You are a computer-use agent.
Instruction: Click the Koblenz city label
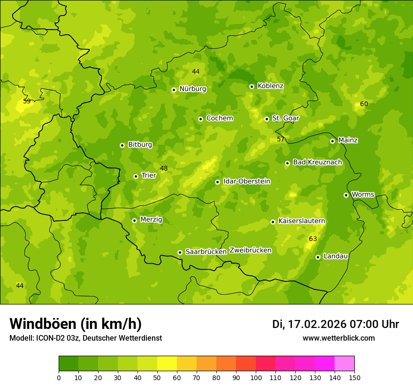tap(270, 86)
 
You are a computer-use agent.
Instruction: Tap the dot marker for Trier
tap(136, 176)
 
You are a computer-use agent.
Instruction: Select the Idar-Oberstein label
tap(246, 181)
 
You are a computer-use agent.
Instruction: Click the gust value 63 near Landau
tap(313, 239)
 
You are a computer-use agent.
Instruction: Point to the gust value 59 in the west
tap(27, 101)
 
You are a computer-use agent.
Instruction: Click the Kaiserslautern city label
tap(301, 221)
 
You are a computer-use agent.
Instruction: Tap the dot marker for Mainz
tap(332, 141)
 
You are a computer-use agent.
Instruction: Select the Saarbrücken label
tap(206, 252)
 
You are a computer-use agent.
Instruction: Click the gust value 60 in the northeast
tap(364, 104)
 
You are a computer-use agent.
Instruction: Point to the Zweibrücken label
tap(250, 250)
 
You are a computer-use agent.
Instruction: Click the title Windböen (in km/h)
tap(75, 324)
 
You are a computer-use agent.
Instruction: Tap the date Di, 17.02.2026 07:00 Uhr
tap(336, 324)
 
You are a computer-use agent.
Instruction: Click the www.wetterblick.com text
tap(338, 338)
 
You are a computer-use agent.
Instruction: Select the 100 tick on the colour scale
tap(256, 377)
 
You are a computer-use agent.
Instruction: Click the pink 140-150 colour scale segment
tap(344, 363)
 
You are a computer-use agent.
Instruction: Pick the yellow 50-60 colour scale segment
tap(167, 363)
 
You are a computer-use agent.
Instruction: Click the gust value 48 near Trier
tap(164, 168)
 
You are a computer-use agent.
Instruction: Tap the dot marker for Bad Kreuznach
tap(287, 163)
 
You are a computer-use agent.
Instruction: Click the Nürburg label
tap(192, 89)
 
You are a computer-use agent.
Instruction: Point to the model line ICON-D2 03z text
tap(85, 338)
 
